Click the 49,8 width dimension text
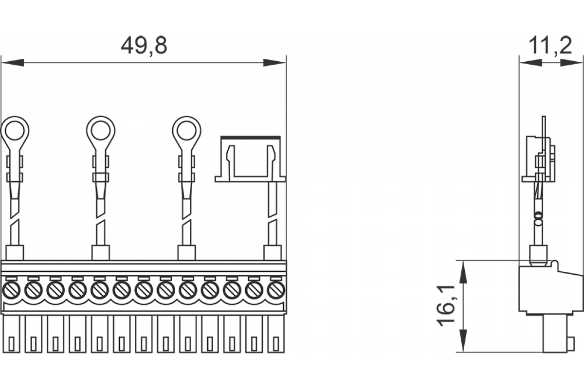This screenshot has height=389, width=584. (x=144, y=47)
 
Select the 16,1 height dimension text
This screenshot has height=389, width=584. (x=448, y=306)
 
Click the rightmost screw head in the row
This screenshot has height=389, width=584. (x=276, y=291)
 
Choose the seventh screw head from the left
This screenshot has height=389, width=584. (x=144, y=291)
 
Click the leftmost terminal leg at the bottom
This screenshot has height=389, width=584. (x=11, y=335)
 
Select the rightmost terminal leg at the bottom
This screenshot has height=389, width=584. (x=276, y=335)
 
